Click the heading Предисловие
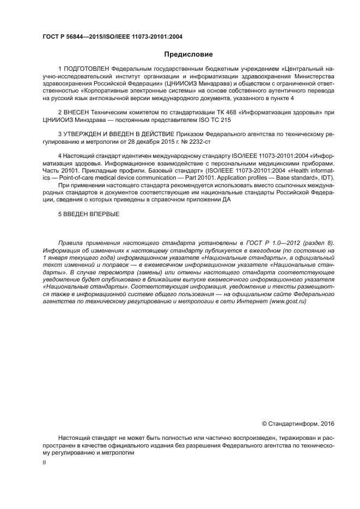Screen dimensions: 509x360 point(188,54)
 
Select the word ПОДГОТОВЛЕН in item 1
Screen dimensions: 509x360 point(87,69)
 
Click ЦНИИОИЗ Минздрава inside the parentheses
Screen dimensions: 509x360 point(203,84)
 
